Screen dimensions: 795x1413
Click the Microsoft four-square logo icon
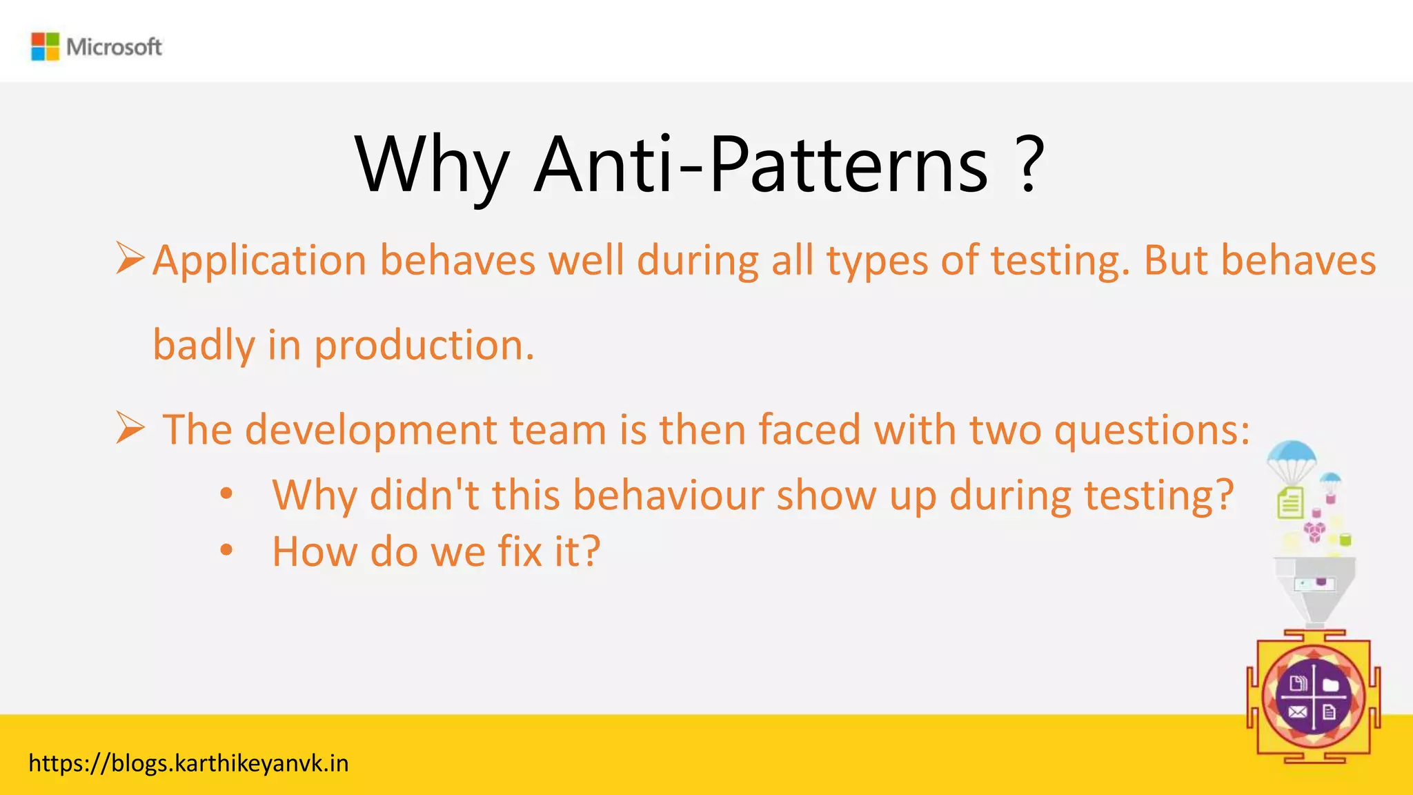click(46, 47)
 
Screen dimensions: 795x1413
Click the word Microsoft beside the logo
click(114, 47)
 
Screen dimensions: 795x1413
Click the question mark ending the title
click(1029, 166)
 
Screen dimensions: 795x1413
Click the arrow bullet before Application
click(130, 258)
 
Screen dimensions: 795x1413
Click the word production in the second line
click(424, 345)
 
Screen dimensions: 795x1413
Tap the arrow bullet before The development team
click(130, 428)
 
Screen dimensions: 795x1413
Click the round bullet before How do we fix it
click(226, 551)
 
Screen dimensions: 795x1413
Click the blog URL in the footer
click(188, 763)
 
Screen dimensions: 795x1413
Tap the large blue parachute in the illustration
click(1291, 455)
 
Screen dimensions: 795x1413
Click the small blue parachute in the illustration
click(1330, 480)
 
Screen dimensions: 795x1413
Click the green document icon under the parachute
click(1290, 503)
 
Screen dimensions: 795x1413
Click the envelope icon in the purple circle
click(1297, 712)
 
